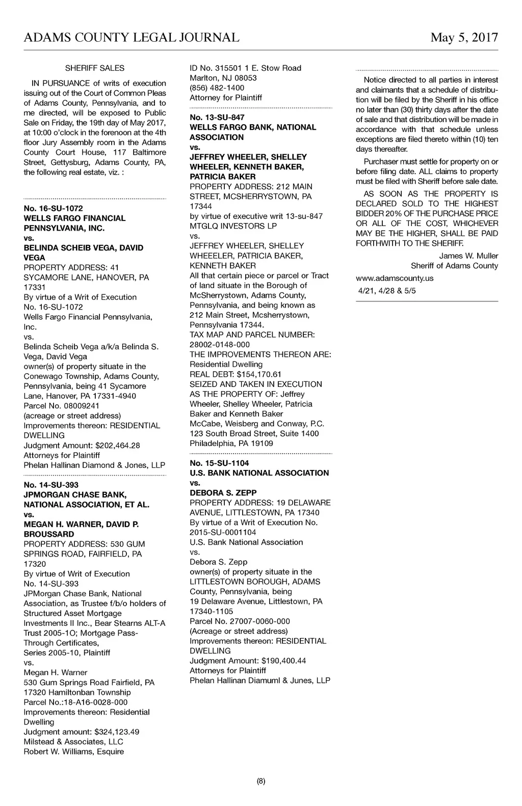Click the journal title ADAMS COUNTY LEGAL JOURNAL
pyautogui.click(x=132, y=37)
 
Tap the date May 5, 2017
pyautogui.click(x=464, y=37)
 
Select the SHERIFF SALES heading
pyautogui.click(x=95, y=68)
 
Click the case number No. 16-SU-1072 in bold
pyautogui.click(x=53, y=208)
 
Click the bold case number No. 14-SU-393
pyautogui.click(x=51, y=485)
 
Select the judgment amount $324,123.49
pyautogui.click(x=117, y=732)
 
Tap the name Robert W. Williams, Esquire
pyautogui.click(x=74, y=752)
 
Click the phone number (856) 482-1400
pyautogui.click(x=217, y=88)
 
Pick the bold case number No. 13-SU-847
pyautogui.click(x=217, y=118)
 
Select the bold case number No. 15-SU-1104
pyautogui.click(x=219, y=463)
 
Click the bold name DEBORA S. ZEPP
pyautogui.click(x=223, y=493)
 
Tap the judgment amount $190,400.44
pyautogui.click(x=283, y=661)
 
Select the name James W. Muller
pyautogui.click(x=468, y=256)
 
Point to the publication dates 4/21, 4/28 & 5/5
pyautogui.click(x=386, y=291)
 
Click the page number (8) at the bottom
pyautogui.click(x=261, y=781)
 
